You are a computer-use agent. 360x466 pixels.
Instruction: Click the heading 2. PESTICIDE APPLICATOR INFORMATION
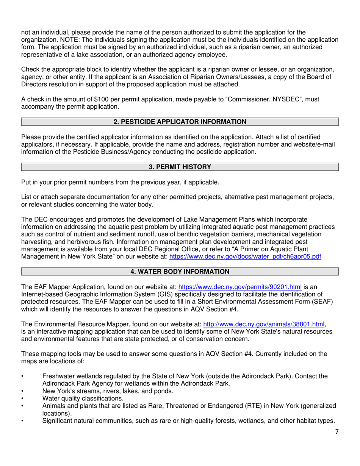[180, 122]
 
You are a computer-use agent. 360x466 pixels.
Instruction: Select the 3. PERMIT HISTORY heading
[180, 167]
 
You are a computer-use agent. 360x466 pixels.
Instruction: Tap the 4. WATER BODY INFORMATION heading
[180, 272]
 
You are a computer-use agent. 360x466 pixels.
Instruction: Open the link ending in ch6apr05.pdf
[245, 256]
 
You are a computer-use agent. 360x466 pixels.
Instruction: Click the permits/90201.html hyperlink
[240, 287]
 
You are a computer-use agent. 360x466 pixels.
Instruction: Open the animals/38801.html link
[264, 324]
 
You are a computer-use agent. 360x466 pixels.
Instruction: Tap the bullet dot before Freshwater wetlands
[23, 376]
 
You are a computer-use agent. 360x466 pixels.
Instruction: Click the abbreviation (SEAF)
[302, 302]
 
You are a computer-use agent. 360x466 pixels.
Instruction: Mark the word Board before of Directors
[321, 77]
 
